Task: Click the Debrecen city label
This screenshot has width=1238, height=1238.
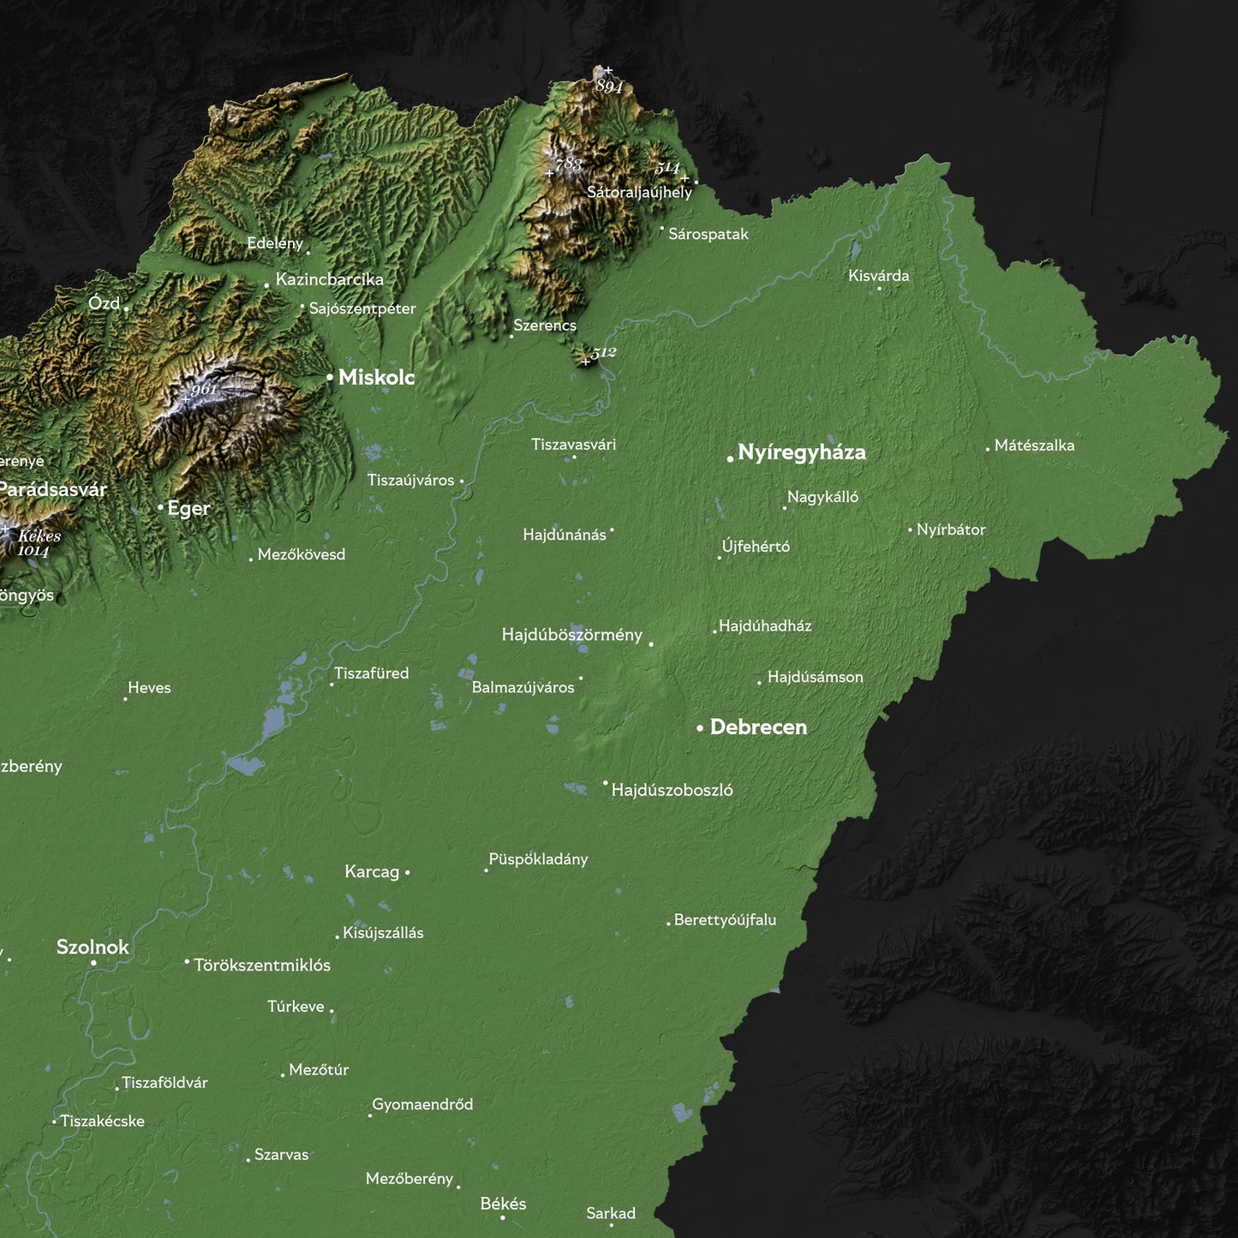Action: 758,727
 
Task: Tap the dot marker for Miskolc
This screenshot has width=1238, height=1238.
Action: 330,377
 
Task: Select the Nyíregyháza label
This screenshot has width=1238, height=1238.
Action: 801,452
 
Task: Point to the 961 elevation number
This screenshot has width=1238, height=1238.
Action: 204,390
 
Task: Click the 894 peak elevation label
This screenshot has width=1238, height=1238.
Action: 609,87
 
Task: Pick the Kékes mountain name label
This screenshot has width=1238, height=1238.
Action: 39,536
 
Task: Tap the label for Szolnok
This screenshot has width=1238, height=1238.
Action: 93,947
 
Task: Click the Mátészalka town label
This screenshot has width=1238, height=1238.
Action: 1034,446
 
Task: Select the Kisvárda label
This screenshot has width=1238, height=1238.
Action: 878,276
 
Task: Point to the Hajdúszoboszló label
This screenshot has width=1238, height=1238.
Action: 672,790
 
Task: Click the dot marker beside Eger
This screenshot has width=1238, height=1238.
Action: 160,508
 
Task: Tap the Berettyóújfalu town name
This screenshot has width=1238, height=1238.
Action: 725,920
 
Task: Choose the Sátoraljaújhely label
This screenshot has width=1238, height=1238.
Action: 639,193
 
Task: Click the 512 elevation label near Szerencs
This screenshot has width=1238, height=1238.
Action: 604,353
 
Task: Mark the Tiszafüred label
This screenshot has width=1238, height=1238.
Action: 371,673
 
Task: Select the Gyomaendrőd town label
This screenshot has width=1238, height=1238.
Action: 422,1104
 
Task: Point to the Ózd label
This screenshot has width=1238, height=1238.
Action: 104,303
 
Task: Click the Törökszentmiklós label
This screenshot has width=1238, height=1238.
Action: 262,966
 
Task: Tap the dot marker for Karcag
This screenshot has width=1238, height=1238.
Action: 407,872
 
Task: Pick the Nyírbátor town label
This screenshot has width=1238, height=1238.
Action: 951,529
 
